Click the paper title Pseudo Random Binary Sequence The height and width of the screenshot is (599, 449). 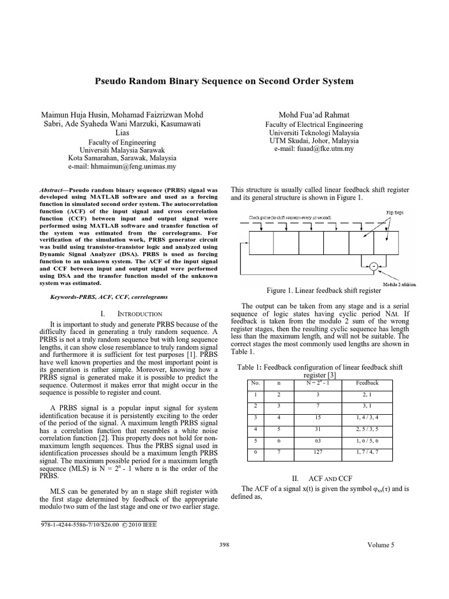224,81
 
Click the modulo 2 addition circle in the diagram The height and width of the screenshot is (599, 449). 372,267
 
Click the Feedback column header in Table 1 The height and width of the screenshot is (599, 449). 367,383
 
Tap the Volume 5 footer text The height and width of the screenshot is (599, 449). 381,545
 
